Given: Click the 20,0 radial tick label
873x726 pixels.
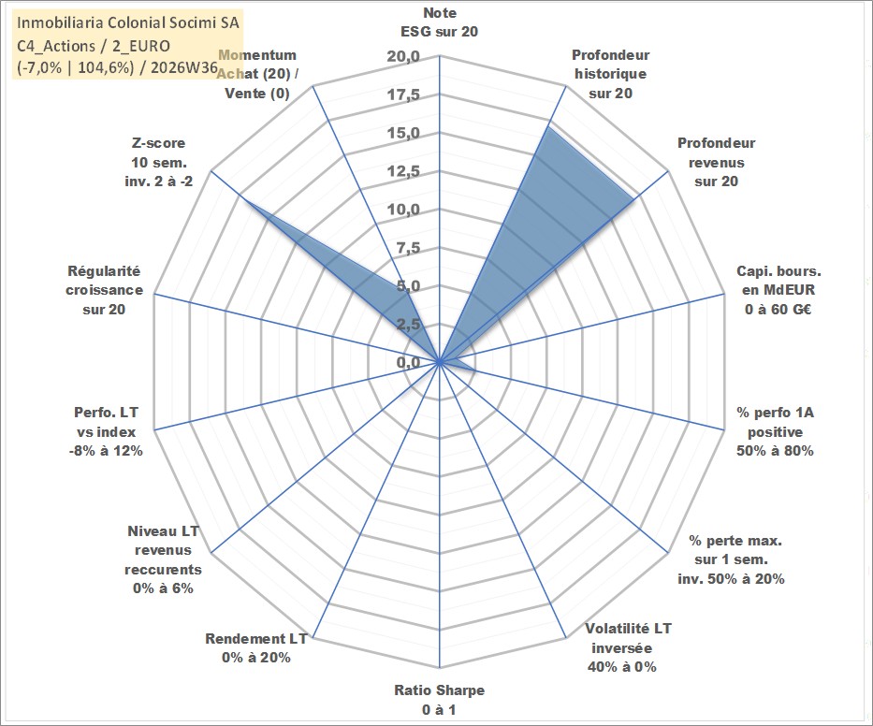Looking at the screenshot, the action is (x=403, y=57).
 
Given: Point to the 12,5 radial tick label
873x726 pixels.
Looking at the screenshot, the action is (x=403, y=171).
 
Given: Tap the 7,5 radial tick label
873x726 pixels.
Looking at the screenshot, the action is (x=408, y=248).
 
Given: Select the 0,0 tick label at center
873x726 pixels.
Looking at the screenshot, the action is (x=408, y=362).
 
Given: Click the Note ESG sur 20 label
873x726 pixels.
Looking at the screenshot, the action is (x=439, y=22).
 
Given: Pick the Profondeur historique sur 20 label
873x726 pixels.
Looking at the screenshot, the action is (x=610, y=74).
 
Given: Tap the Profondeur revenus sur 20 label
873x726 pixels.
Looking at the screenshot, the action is (x=716, y=162).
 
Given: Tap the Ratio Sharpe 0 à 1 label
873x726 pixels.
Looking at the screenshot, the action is (x=439, y=700).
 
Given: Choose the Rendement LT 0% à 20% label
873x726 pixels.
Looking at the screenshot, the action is (x=256, y=648).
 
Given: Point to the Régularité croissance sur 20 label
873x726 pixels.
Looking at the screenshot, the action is (x=104, y=290).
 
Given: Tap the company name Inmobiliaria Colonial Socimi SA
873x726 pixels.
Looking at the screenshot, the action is (x=128, y=22).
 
